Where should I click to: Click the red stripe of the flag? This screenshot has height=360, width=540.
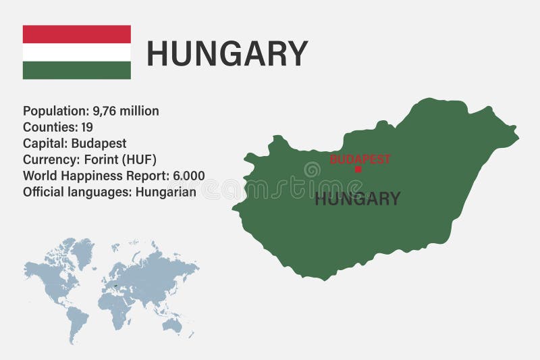[76, 34]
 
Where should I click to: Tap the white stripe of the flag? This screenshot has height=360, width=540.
[76, 53]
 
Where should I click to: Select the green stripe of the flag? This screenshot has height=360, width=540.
[76, 70]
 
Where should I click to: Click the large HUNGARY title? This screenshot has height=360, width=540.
[227, 54]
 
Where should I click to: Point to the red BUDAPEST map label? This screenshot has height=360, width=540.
[360, 159]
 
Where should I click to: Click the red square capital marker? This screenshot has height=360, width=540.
[358, 170]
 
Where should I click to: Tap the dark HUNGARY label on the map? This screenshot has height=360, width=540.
[357, 199]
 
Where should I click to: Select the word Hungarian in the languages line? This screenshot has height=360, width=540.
[166, 192]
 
